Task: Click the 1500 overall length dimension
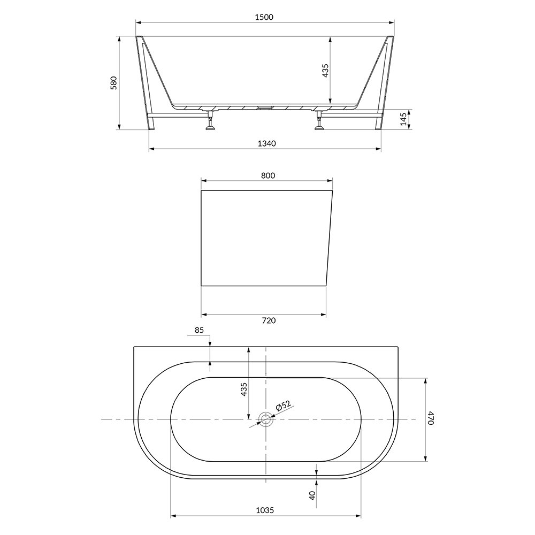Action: click(x=264, y=17)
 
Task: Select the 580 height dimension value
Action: click(x=113, y=83)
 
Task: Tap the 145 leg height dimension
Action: click(x=403, y=119)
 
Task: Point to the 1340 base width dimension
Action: click(x=266, y=143)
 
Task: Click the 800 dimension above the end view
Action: click(x=268, y=175)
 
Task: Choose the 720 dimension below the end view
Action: click(x=269, y=320)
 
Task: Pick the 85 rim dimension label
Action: click(x=199, y=330)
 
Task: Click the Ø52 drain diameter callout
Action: click(x=283, y=406)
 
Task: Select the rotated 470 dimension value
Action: click(x=431, y=419)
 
